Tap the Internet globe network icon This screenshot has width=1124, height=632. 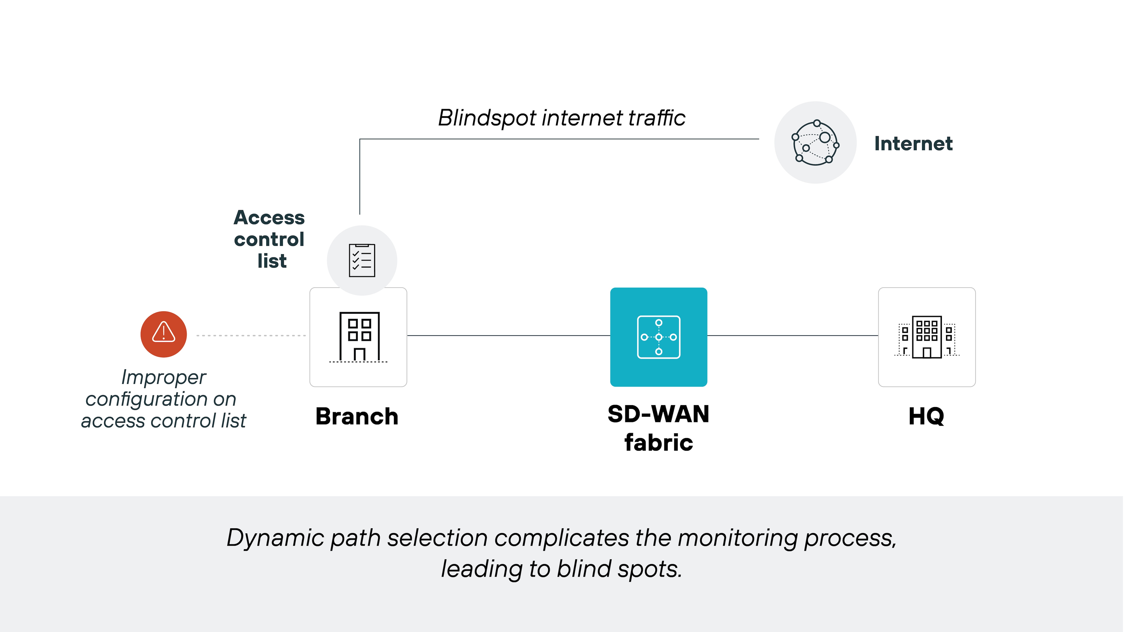tap(815, 143)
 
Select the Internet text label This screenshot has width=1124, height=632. tap(913, 144)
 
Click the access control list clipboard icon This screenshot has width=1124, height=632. tap(362, 260)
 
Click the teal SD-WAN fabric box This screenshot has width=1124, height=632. tap(658, 337)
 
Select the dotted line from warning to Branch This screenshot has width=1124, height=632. tap(251, 335)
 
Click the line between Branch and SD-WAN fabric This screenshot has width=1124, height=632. tap(508, 335)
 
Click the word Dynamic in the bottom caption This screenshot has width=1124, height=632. tap(275, 538)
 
